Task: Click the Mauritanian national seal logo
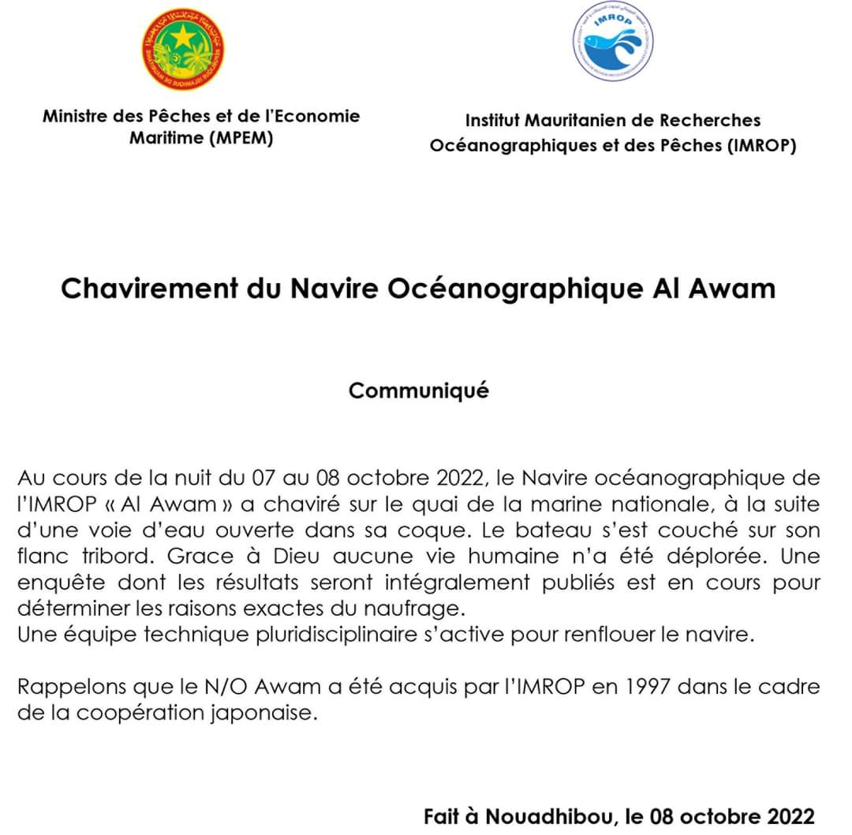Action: [182, 49]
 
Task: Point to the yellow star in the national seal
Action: [183, 36]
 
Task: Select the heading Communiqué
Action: [419, 390]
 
